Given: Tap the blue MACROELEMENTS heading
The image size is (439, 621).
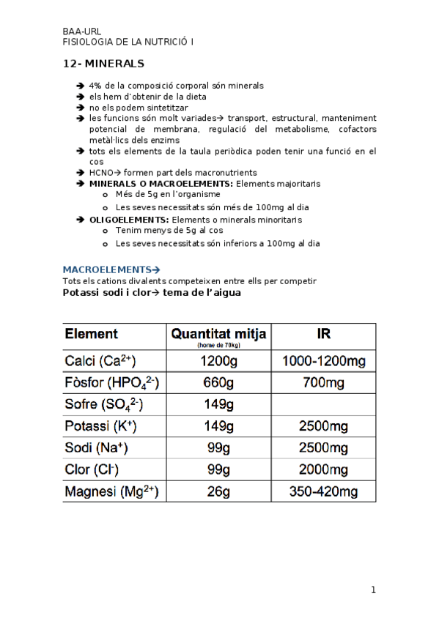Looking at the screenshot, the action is pos(111,269).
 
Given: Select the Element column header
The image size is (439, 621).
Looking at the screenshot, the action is pos(92,334).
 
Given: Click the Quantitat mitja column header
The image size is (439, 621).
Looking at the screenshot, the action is pos(219,335).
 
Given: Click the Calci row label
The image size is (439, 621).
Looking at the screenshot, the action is pos(100,360).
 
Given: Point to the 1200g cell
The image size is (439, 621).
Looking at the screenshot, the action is pos(219,361).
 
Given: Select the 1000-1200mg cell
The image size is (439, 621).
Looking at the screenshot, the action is pos(324,361).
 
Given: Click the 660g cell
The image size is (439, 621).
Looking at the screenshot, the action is pos(219,383).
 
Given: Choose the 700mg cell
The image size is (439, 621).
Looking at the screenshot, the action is pos(324,383).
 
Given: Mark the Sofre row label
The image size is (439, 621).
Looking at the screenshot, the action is pos(104,404).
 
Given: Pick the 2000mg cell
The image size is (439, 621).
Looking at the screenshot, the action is pos(324,469).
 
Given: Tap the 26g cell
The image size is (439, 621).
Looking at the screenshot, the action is pos(219,491).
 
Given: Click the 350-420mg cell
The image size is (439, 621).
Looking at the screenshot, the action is pos(324,491).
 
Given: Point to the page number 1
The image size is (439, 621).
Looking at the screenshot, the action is pos(373,590).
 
